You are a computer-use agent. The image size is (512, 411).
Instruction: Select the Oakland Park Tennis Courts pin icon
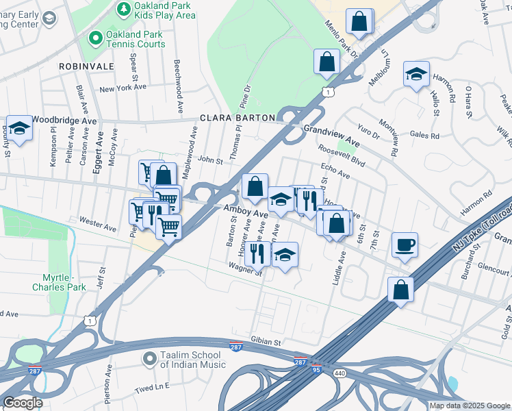(95, 39)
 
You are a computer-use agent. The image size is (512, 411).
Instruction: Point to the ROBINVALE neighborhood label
(86, 66)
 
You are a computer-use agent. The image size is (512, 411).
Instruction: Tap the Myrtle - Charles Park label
(59, 282)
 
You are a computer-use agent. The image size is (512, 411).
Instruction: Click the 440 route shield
(340, 373)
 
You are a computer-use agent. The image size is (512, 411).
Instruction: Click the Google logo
(23, 403)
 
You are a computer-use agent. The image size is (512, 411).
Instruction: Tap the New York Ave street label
(123, 88)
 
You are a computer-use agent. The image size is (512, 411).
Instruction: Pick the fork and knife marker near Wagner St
(257, 253)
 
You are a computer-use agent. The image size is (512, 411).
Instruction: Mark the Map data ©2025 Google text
(469, 406)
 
